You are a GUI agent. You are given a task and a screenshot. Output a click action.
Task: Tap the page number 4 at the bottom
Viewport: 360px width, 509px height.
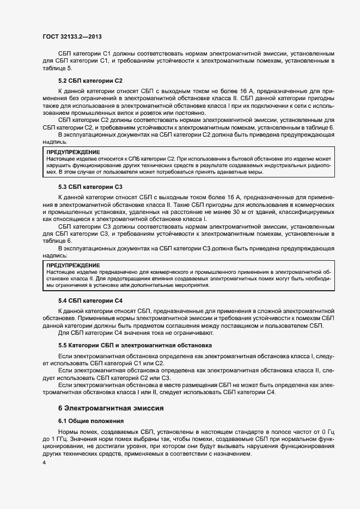[x=45, y=462]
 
